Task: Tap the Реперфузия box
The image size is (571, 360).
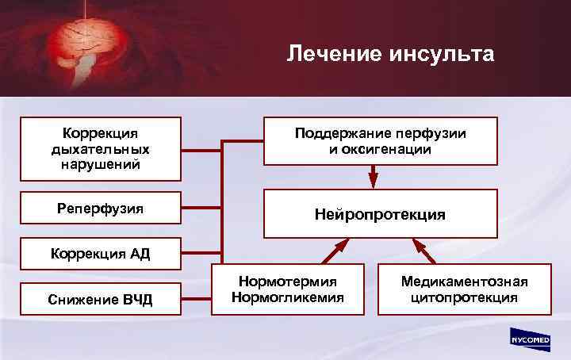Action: tap(100, 209)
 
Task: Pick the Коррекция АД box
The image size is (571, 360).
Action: tap(100, 254)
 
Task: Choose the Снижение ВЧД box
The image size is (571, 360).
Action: tap(100, 299)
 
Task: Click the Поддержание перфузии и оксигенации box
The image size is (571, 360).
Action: tap(380, 141)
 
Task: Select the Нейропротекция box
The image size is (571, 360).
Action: tap(380, 214)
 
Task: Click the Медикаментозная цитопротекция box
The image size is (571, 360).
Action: tap(464, 289)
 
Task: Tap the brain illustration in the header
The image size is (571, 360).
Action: tap(80, 44)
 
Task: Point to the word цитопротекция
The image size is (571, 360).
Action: tap(464, 298)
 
